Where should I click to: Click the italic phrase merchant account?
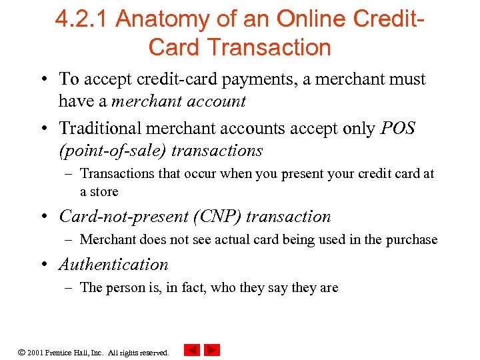(179, 101)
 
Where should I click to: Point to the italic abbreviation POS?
(397, 128)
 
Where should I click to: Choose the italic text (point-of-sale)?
(113, 151)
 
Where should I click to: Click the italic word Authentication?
(113, 265)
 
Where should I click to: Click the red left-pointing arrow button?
(192, 350)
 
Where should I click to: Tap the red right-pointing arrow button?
(212, 350)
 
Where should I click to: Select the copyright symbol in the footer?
(21, 351)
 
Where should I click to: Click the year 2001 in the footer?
(35, 352)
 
